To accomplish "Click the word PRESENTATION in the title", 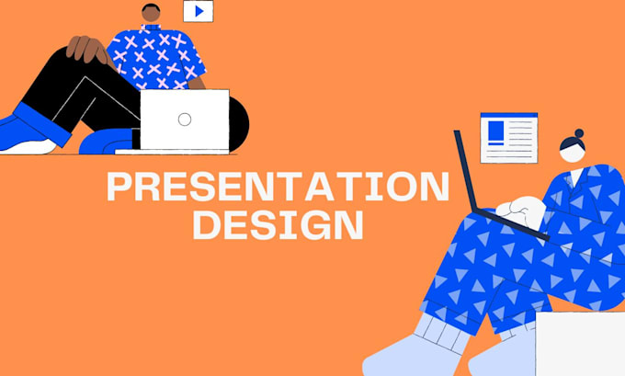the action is [278, 187].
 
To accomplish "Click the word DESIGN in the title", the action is [278, 225].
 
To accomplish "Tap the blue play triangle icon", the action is [199, 11].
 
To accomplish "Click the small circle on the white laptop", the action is [185, 120].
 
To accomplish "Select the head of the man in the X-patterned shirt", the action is [151, 13].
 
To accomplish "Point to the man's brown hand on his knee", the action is [87, 49].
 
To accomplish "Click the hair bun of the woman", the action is [579, 133].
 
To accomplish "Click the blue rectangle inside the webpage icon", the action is [495, 131].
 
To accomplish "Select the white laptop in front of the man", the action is [185, 120].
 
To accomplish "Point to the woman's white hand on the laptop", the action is [522, 212].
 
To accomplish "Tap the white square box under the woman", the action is [580, 344].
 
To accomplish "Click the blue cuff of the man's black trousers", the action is [42, 123].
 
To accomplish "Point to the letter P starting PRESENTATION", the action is [119, 187].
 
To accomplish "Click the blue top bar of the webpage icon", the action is [509, 115].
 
